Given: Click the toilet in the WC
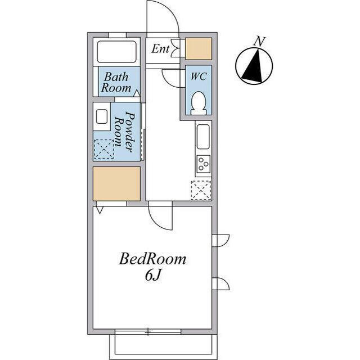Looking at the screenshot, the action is click(199, 103).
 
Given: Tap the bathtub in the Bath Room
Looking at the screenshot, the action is click(116, 52).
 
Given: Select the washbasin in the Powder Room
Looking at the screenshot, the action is click(102, 116).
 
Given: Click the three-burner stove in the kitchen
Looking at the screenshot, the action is click(204, 164).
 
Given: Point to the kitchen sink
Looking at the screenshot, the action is click(203, 137).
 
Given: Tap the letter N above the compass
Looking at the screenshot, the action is click(259, 42).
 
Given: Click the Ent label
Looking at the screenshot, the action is click(160, 49).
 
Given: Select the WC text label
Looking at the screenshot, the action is click(199, 76).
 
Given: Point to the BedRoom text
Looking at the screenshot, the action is click(152, 259).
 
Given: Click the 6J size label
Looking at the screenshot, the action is click(152, 275).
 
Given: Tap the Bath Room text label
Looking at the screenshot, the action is click(116, 83).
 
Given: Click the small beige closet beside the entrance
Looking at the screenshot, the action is click(199, 49).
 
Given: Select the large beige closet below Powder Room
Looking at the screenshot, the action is click(116, 184).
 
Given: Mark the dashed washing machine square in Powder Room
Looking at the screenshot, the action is click(104, 149).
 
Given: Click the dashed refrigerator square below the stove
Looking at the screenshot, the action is click(201, 190).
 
